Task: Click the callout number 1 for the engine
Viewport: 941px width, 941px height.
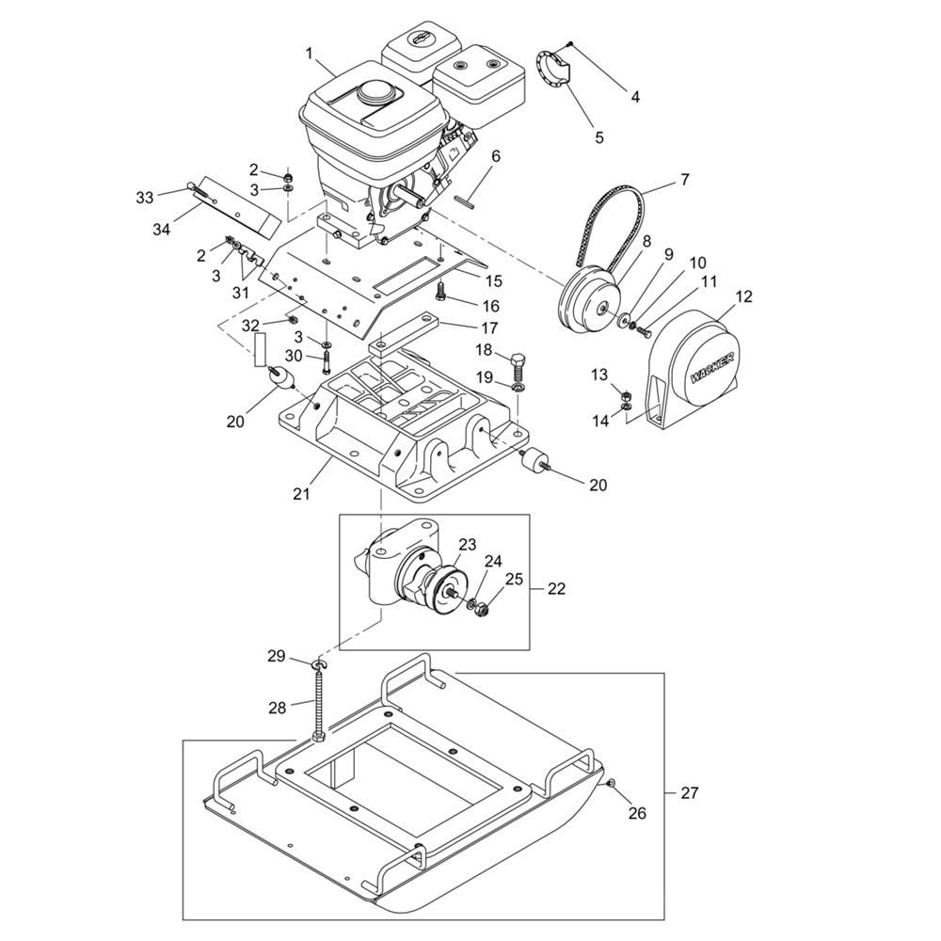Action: [x=310, y=54]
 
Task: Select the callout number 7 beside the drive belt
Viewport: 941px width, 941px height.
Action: [x=685, y=180]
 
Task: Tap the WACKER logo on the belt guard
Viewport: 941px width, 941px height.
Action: [x=713, y=367]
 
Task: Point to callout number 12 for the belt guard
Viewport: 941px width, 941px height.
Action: [x=743, y=296]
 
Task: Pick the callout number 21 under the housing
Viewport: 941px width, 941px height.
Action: [x=301, y=493]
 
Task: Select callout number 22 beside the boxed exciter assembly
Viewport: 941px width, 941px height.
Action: [x=556, y=589]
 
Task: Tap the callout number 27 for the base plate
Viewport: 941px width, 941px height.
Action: [x=690, y=792]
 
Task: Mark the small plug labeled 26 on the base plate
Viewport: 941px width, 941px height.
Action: [x=610, y=783]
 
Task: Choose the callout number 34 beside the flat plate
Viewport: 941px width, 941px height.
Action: [x=161, y=230]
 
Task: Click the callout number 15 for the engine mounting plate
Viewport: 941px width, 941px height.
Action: [x=495, y=280]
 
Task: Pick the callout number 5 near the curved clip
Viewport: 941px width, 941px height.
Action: [x=598, y=137]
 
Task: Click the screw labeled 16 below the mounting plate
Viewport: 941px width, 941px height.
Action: [x=441, y=293]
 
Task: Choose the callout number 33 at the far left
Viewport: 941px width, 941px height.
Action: [x=145, y=197]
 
